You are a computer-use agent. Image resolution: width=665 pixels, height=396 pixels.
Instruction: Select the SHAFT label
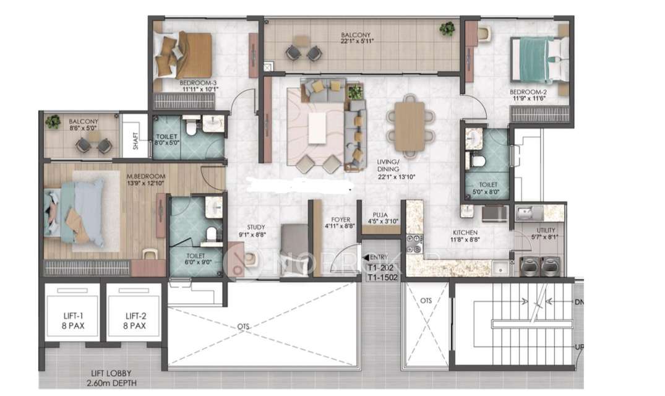(135, 144)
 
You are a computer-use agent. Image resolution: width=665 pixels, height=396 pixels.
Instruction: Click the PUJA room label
(380, 218)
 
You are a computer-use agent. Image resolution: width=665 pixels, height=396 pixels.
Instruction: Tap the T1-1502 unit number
(381, 277)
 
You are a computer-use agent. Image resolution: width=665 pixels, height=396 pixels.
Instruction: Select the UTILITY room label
(546, 233)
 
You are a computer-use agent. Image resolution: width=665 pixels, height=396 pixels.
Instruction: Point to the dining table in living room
(410, 126)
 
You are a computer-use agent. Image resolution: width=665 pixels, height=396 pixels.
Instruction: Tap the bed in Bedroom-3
(186, 54)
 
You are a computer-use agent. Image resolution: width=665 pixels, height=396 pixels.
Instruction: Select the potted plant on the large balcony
(447, 28)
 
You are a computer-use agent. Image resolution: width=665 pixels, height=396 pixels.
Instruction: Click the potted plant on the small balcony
(53, 122)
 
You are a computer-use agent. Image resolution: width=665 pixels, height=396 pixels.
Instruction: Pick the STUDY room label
(255, 231)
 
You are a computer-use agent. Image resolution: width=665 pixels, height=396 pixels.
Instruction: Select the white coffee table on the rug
(317, 128)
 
